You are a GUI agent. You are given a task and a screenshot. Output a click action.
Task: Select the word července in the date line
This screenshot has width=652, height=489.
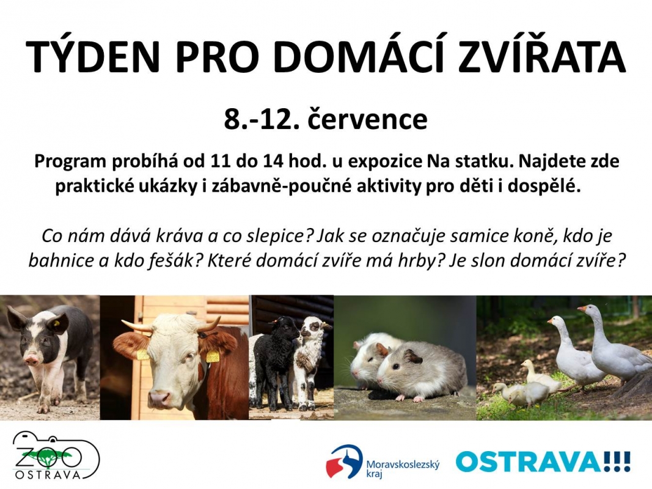[367, 119]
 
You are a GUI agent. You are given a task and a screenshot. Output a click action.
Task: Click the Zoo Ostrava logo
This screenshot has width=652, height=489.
[57, 455]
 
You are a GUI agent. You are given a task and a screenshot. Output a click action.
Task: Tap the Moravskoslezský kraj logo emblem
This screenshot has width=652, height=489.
[344, 461]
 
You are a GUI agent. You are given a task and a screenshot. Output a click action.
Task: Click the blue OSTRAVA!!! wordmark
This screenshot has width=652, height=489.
[543, 461]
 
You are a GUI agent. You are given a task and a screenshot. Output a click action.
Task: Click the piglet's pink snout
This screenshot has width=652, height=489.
[32, 358]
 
